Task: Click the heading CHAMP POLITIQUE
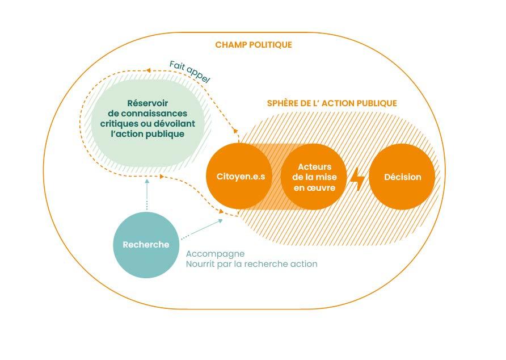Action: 254,45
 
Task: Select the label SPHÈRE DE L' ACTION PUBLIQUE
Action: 332,103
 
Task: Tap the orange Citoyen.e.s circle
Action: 241,177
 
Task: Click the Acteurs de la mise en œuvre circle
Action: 314,177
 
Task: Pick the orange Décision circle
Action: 402,177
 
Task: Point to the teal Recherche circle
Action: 146,245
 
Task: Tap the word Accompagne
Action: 215,254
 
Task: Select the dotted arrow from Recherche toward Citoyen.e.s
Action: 201,228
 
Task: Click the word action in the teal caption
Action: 303,264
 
